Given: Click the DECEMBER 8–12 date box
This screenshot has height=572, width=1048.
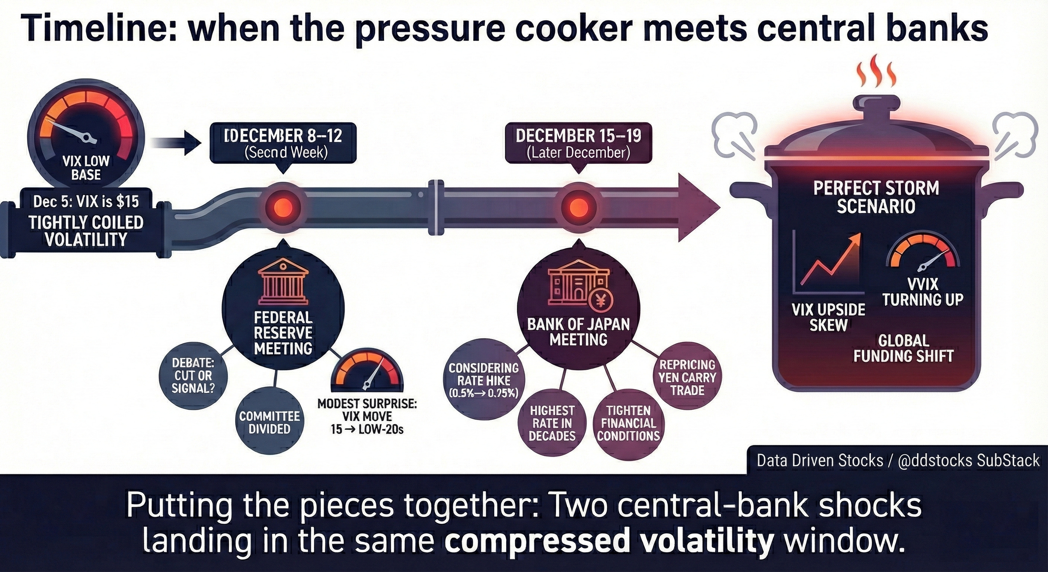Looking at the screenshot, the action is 283,143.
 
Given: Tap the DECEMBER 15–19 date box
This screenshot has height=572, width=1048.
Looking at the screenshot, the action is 578,143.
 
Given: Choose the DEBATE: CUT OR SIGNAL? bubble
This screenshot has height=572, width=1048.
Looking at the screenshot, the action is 193,375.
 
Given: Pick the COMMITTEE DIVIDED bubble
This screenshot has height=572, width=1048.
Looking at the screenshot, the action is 269,422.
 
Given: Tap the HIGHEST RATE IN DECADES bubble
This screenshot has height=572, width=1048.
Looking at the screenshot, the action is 552,423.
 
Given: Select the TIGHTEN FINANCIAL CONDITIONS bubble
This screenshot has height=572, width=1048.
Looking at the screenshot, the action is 628,423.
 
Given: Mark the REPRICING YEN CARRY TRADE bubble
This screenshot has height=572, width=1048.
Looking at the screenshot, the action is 687,377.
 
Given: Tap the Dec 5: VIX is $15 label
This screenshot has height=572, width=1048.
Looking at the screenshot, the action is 86,201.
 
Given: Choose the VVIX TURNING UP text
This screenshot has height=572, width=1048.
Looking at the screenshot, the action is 922,292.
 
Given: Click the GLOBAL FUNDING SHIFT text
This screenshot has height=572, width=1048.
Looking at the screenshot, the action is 903,348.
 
